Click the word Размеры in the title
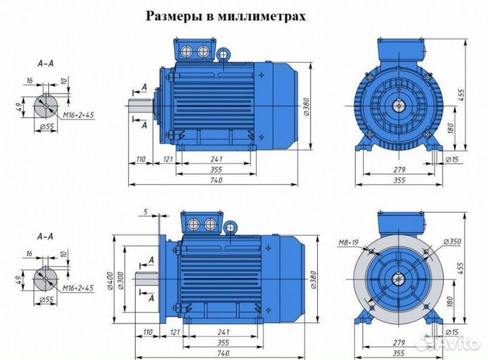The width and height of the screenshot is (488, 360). pos(172,16)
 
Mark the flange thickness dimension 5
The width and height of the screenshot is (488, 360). pos(146,212)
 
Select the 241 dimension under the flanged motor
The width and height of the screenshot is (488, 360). pos(217,332)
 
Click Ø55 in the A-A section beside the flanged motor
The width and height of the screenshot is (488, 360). pos(47,299)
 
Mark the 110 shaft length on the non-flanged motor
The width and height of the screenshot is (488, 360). pos(141,159)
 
